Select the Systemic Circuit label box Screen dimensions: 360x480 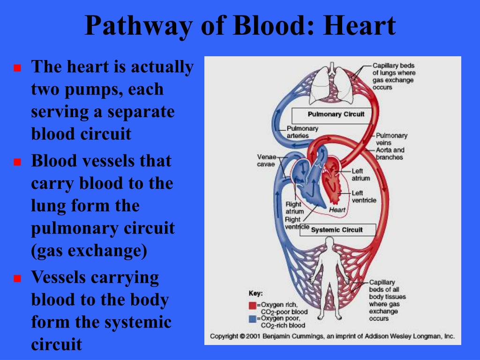337,230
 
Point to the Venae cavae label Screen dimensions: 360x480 266,160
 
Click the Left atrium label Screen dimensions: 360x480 360,174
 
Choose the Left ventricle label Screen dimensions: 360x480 364,196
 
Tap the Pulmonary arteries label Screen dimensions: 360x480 302,132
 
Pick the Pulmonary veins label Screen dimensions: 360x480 391,139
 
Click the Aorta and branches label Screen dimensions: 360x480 390,153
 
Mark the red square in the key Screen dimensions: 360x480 252,306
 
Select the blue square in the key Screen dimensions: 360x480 252,319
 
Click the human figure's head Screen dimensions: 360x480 330,242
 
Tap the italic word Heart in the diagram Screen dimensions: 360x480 337,210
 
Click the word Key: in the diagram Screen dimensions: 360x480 255,293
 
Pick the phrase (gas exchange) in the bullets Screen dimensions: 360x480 89,251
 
